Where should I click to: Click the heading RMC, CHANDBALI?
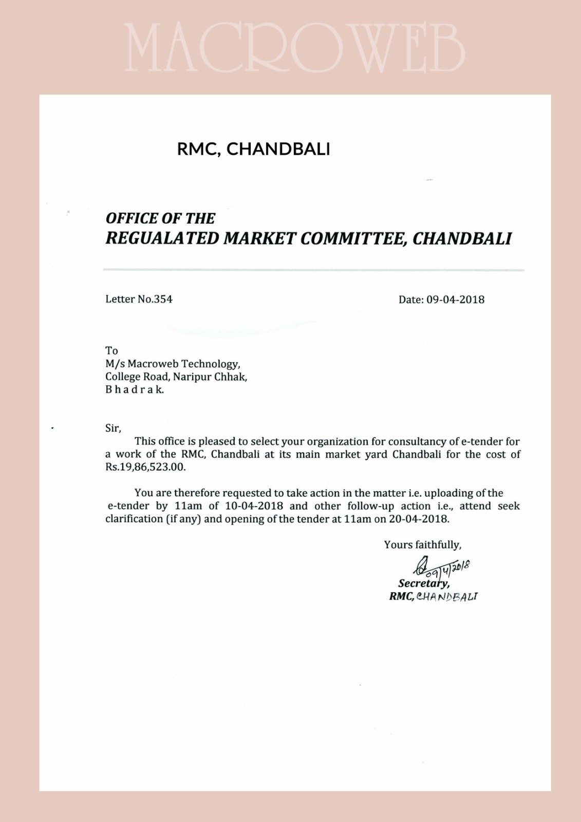coord(253,149)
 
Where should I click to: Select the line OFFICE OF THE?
coord(160,218)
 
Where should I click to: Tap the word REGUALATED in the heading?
coord(162,238)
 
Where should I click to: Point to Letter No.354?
coord(139,299)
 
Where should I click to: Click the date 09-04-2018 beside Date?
coord(455,300)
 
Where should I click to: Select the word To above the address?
coord(111,351)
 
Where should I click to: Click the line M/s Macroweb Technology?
coord(173,364)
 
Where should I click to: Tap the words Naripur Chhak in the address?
coord(210,377)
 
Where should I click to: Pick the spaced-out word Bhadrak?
coord(135,389)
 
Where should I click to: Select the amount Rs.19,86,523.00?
coord(145,468)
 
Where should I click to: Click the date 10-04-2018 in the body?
coord(254,506)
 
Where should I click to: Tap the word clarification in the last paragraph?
coord(134,519)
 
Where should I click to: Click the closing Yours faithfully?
coord(423,545)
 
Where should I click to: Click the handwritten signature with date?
coord(441,567)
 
